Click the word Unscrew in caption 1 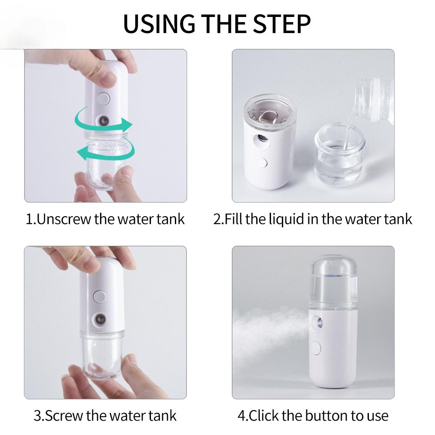click(x=64, y=218)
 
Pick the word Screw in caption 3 click(x=65, y=415)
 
